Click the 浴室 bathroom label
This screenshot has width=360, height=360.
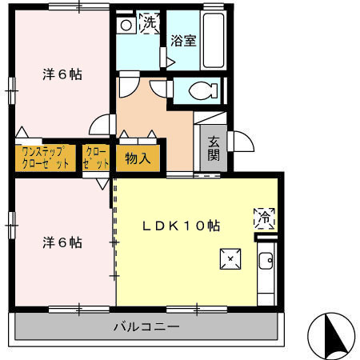tap(183, 40)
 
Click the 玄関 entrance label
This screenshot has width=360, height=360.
tap(214, 149)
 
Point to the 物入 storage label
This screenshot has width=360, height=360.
tap(138, 158)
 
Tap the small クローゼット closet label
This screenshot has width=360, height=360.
tap(95, 157)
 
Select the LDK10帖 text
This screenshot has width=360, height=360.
tap(182, 226)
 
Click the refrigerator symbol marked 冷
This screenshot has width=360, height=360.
tap(265, 216)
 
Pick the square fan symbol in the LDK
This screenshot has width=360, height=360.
tap(230, 258)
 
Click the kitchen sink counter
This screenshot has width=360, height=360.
tap(266, 272)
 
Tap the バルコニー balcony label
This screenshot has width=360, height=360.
tap(146, 326)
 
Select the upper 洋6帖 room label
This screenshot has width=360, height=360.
tap(62, 75)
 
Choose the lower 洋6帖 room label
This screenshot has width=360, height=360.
tap(62, 242)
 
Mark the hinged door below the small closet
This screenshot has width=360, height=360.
tap(103, 182)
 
